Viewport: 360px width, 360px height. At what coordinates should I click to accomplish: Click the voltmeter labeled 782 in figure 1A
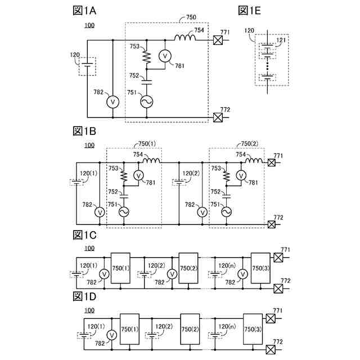(x=113, y=101)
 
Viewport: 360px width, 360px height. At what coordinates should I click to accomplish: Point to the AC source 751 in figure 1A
(x=146, y=101)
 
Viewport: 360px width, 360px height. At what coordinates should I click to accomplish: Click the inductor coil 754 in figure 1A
(x=184, y=39)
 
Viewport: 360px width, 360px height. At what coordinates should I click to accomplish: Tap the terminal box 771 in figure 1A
(x=219, y=39)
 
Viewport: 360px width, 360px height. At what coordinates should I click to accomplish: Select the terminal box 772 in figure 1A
(x=219, y=117)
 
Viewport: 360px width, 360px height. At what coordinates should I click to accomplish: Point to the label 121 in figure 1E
(x=281, y=41)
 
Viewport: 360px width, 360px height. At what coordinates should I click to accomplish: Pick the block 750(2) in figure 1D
(x=190, y=329)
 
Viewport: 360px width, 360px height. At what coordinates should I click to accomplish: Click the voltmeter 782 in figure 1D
(x=112, y=335)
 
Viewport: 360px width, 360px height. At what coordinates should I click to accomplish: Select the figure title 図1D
(x=85, y=296)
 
